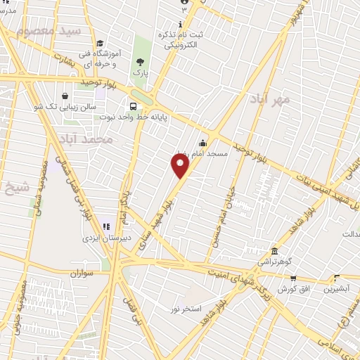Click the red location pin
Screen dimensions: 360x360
click(x=181, y=166)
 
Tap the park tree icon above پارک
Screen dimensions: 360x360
click(x=141, y=62)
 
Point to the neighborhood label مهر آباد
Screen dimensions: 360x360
click(x=270, y=99)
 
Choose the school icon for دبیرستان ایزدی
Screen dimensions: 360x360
click(x=106, y=226)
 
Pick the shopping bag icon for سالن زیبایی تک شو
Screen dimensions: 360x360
click(x=65, y=96)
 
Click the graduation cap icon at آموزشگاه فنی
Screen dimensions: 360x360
click(x=99, y=43)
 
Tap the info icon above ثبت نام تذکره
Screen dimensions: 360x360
click(x=181, y=25)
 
